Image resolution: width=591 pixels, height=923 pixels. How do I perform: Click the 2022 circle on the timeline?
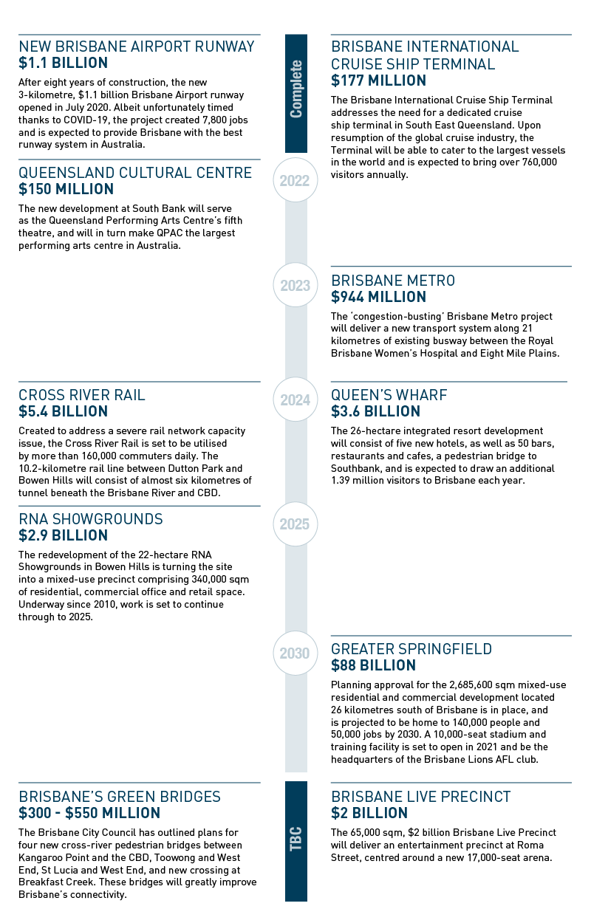(295, 179)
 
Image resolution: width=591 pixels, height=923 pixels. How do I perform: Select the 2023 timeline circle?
(295, 285)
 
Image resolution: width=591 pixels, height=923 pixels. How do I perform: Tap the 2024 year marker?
(295, 400)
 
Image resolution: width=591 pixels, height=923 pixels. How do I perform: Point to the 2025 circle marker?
(295, 524)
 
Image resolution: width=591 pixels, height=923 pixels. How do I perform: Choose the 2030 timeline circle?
(295, 653)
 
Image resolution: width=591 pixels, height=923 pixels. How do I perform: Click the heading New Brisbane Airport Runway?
(137, 47)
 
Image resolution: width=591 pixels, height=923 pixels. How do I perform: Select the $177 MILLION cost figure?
(378, 80)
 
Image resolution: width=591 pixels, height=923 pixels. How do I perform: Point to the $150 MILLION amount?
(66, 189)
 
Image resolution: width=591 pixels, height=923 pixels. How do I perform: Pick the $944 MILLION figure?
(378, 297)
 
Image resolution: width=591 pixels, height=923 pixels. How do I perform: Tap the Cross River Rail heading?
(82, 395)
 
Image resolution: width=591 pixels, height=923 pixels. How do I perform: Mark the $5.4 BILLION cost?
(63, 411)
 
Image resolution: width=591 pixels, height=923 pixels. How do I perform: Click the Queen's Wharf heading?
(389, 395)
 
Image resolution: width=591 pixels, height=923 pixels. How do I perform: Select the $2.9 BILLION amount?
(63, 535)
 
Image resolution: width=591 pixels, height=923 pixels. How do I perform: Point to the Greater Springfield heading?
(422, 649)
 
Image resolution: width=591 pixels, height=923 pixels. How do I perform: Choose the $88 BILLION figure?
(373, 665)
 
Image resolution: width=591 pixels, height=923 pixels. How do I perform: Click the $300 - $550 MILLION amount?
(89, 813)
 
